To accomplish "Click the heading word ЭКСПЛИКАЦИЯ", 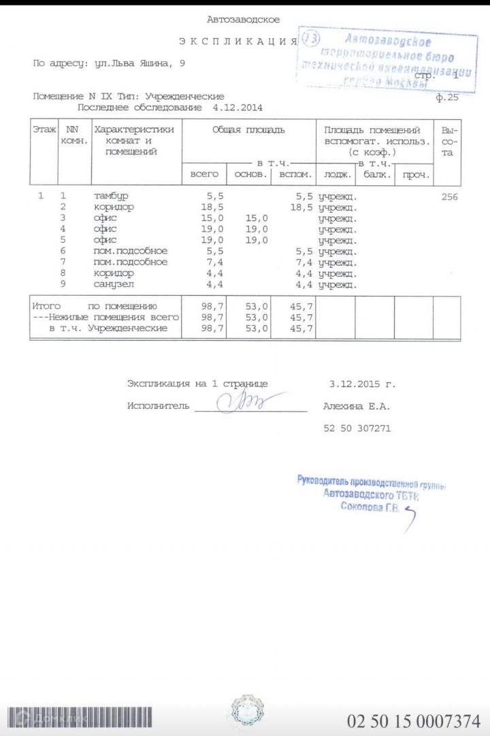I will pos(238,42).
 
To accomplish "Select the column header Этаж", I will pos(44,129).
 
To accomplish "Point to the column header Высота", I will pos(449,141).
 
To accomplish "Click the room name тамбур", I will pos(111,196).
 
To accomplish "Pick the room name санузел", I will pos(114,283).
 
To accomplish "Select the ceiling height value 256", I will pos(449,197).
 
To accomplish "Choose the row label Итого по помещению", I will pos(95,307).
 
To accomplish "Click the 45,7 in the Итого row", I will pos(300,307).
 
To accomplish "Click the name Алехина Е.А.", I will pos(357,407).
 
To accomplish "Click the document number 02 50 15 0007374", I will pos(414,720).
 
